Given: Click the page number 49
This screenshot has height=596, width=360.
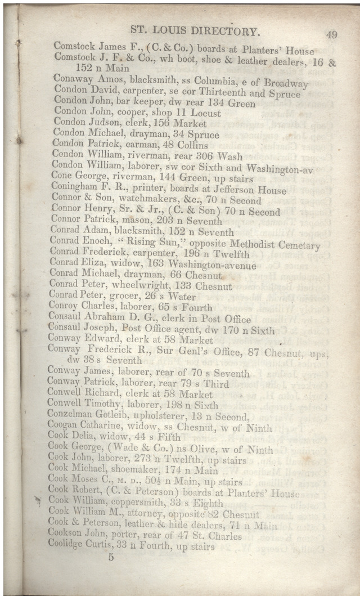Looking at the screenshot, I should click(x=331, y=35).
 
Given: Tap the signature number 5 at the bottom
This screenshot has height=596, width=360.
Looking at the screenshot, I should click(x=111, y=557).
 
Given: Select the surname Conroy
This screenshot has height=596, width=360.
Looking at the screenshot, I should click(x=64, y=308).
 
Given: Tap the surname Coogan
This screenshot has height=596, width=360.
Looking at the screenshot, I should click(x=64, y=428).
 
